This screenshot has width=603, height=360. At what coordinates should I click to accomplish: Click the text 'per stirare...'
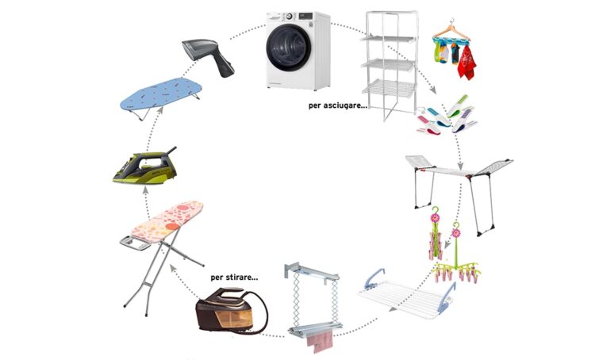click(x=235, y=278)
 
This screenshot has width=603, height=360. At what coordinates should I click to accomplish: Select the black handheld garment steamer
click(x=209, y=56)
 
